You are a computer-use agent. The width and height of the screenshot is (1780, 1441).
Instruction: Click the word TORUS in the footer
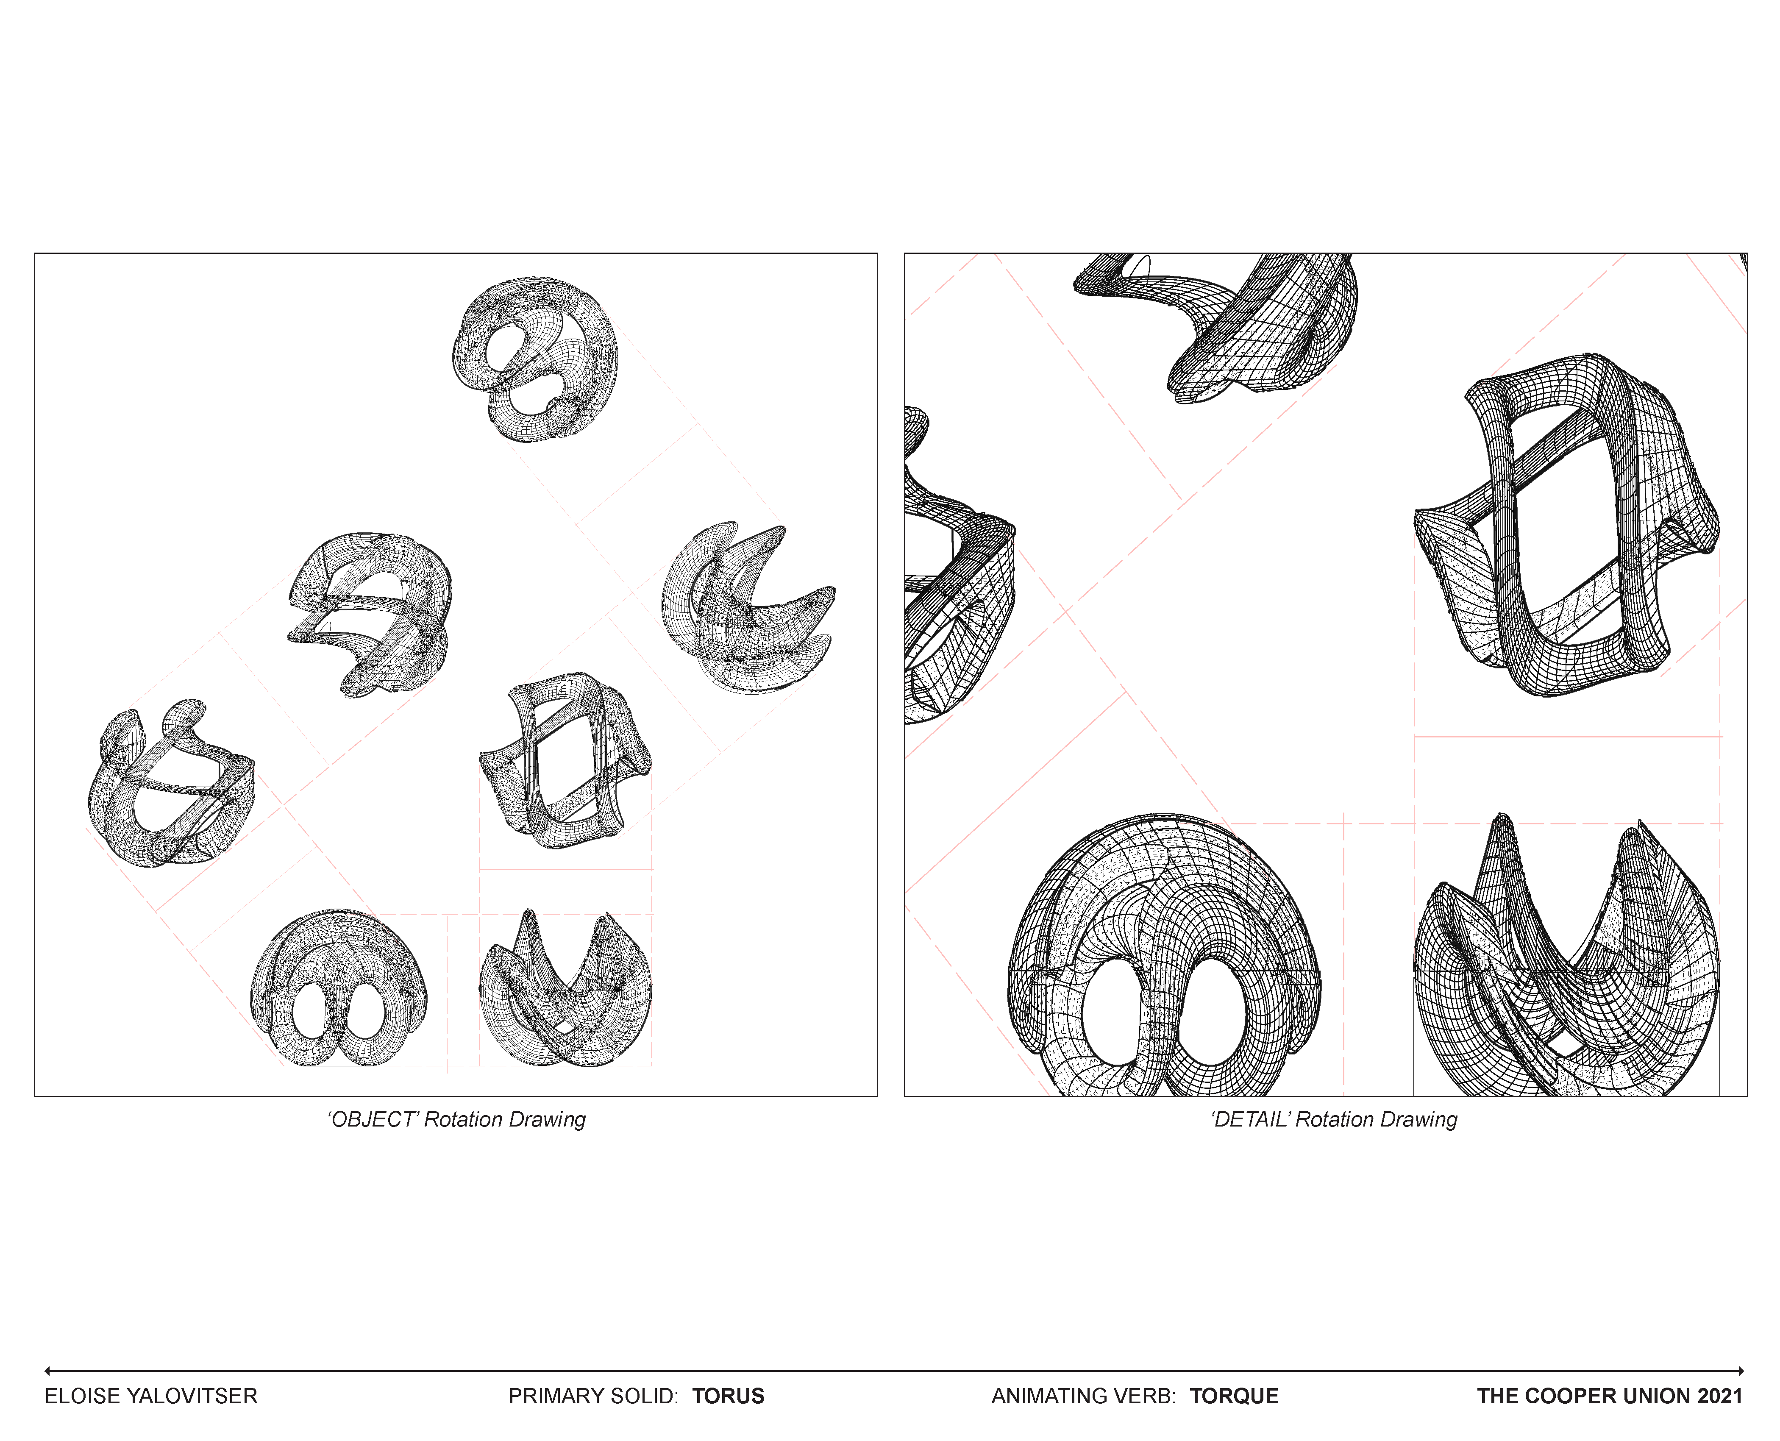(x=729, y=1396)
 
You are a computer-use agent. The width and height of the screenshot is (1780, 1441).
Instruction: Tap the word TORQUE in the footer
(x=1234, y=1396)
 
